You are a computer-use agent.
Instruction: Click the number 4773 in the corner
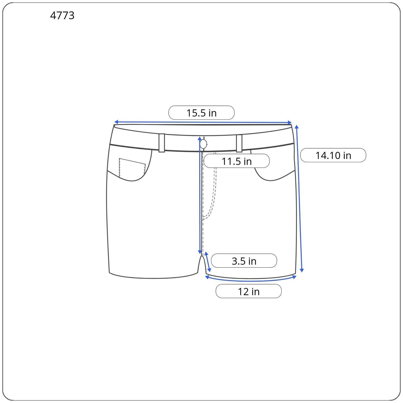click(x=62, y=16)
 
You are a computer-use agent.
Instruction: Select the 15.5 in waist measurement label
click(x=201, y=113)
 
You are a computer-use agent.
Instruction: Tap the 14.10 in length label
click(x=333, y=155)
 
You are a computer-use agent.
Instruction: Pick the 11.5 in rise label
click(x=237, y=161)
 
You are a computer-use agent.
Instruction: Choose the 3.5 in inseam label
click(x=244, y=261)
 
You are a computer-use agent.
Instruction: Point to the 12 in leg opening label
click(x=249, y=291)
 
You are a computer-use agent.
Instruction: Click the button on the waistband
click(x=203, y=144)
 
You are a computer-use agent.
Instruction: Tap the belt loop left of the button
click(x=162, y=143)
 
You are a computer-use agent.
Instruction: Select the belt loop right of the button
click(x=239, y=143)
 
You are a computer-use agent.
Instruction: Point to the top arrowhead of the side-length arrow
click(x=297, y=127)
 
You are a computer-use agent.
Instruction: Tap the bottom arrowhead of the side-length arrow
click(x=302, y=270)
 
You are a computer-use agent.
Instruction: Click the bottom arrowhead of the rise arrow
click(x=200, y=252)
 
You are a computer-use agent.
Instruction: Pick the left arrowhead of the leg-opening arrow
click(x=207, y=277)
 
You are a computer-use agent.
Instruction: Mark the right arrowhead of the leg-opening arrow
click(x=294, y=277)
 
